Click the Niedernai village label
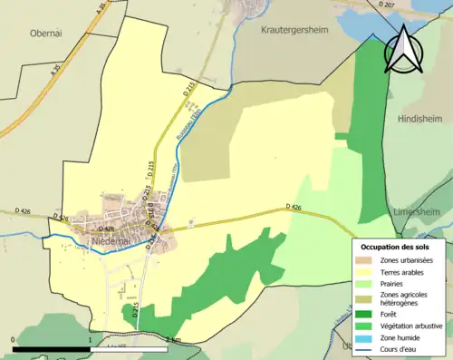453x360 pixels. point(115,242)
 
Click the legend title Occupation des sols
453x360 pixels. point(395,247)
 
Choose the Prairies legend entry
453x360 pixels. point(400,283)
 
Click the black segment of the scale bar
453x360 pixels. point(52,348)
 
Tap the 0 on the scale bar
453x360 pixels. point(14,339)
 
